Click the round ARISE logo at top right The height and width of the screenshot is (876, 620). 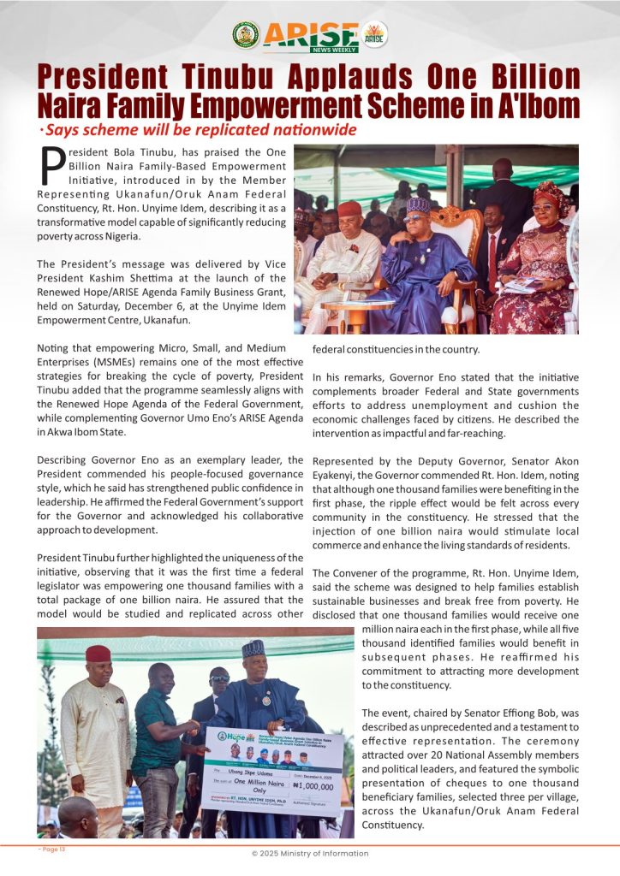(374, 35)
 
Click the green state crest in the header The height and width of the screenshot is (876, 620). (246, 35)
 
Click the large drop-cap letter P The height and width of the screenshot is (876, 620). (52, 166)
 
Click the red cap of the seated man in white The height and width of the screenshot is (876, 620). (349, 209)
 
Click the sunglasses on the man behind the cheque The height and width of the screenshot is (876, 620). (220, 678)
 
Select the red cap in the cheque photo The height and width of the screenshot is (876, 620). (98, 654)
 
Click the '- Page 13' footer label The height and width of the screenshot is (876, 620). (51, 849)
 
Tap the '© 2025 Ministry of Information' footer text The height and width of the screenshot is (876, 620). (309, 853)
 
